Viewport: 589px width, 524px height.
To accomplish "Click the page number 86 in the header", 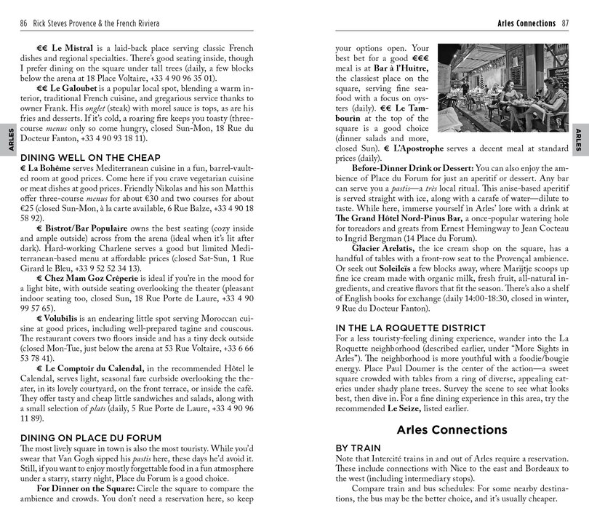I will click(x=25, y=23).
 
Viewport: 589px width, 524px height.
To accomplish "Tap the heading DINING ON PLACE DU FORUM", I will click(x=79, y=437).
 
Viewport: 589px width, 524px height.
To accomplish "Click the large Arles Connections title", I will click(x=452, y=429).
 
